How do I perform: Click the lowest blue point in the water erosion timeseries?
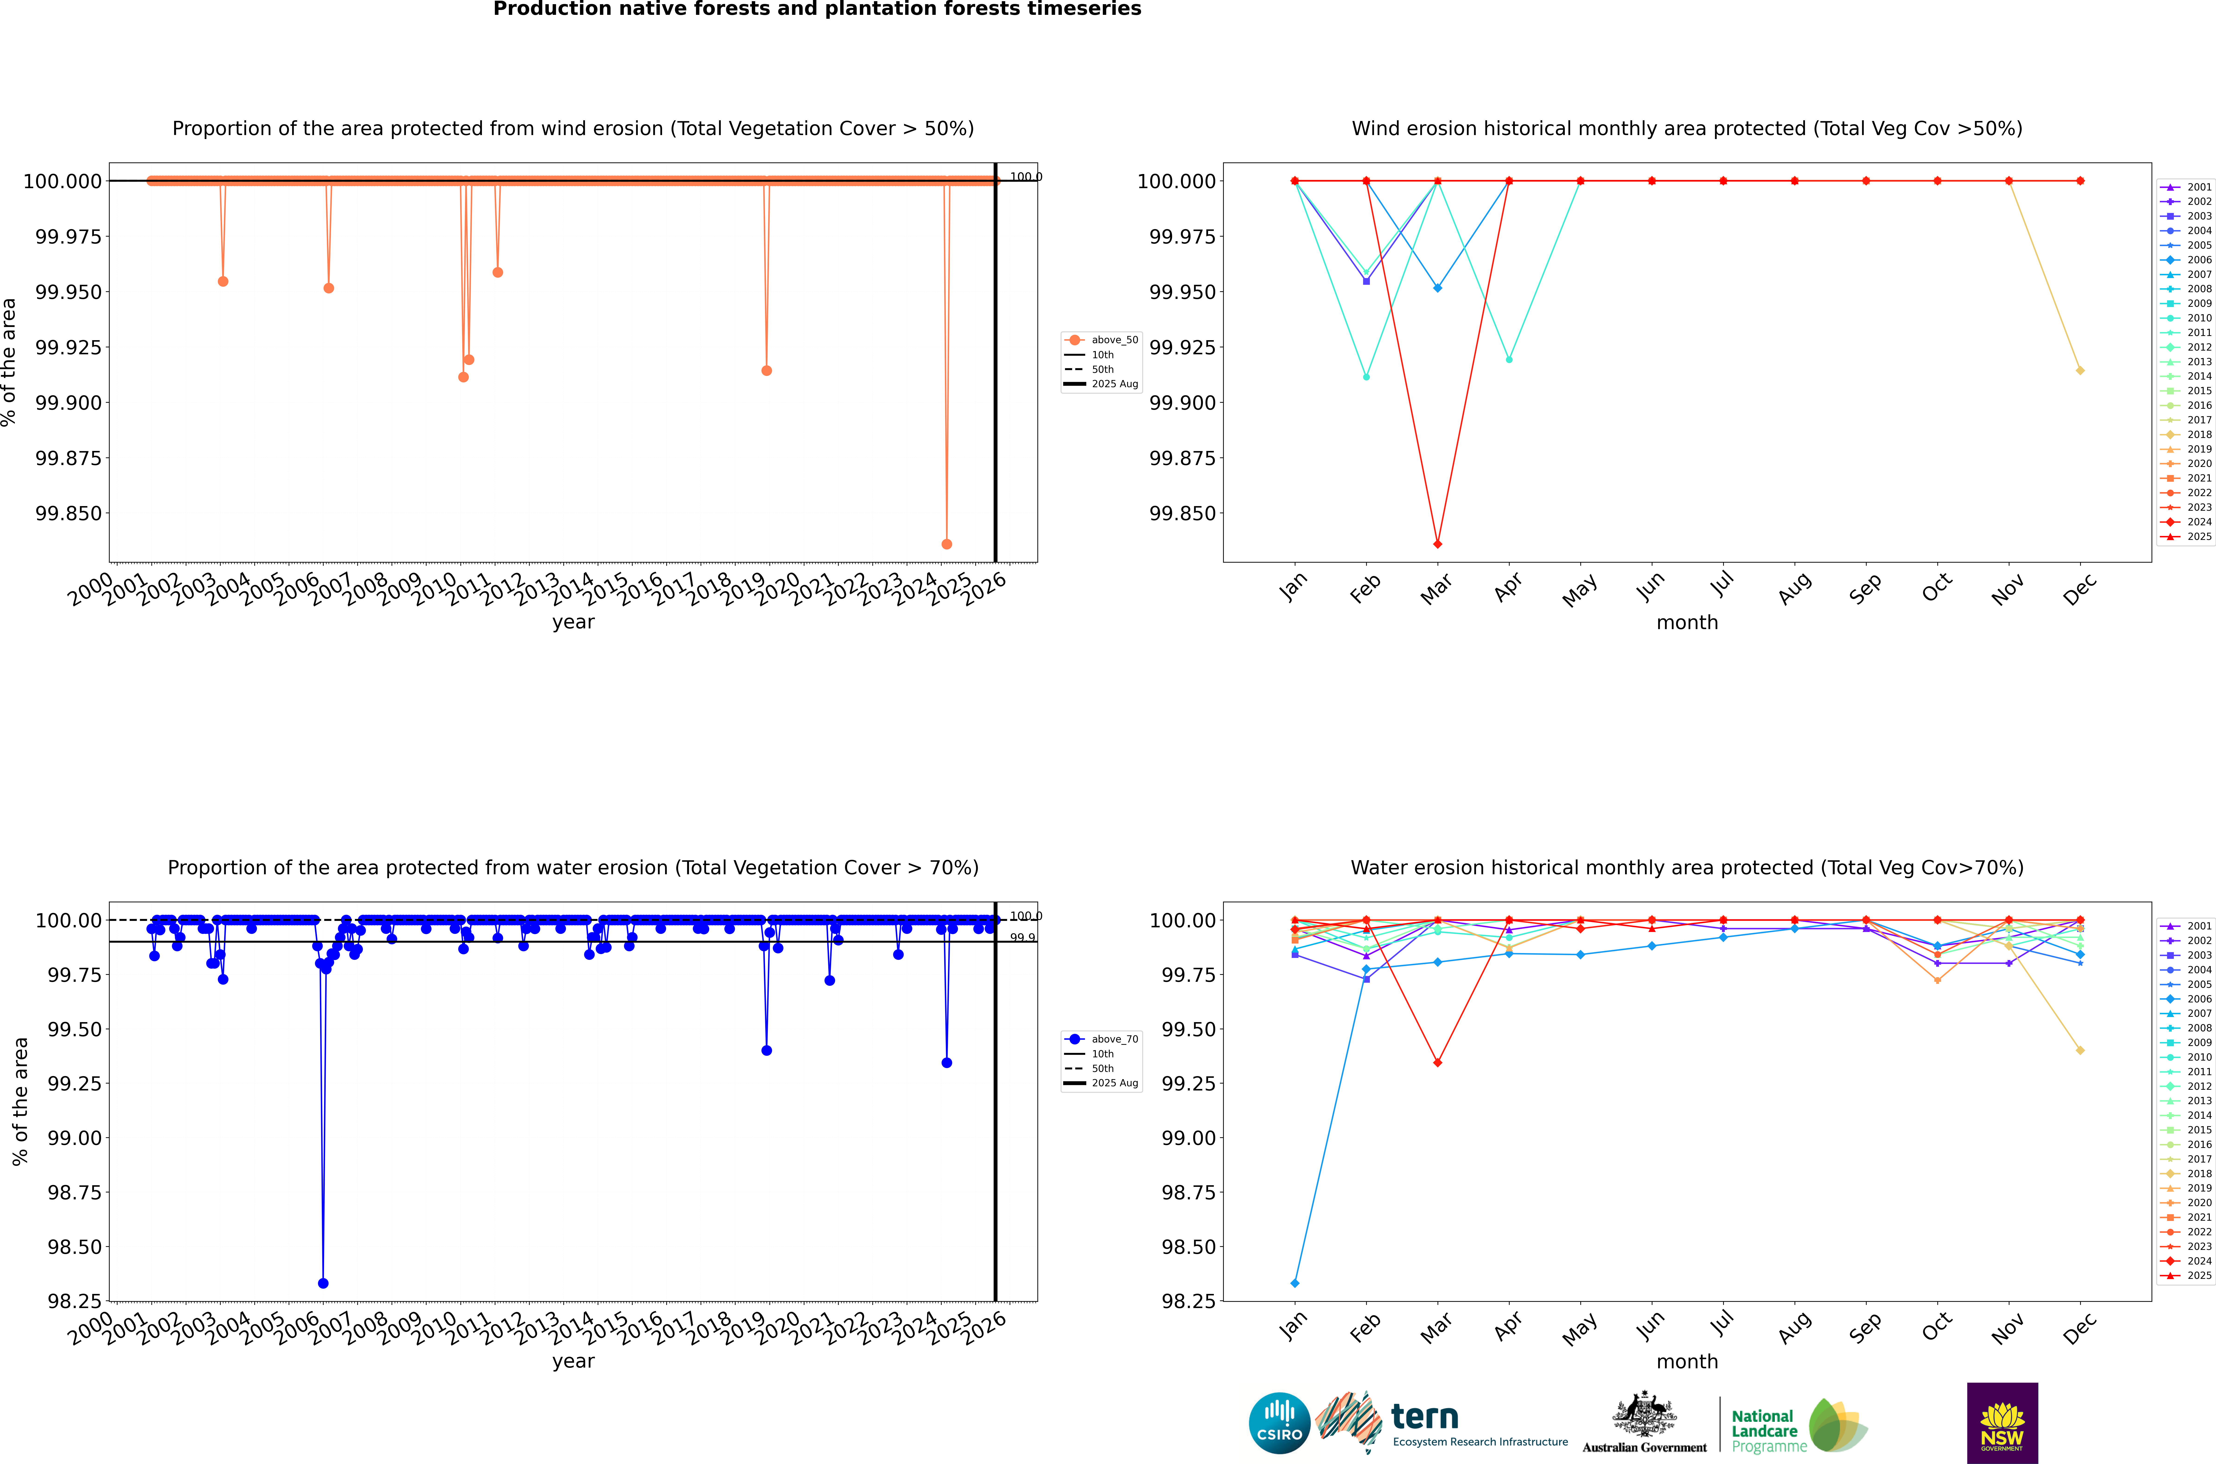pos(323,1283)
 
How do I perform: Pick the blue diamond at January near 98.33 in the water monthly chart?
pos(1294,1283)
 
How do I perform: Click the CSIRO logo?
pos(1279,1423)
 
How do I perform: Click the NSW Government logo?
pos(2002,1423)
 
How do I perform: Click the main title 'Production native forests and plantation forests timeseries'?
pos(817,9)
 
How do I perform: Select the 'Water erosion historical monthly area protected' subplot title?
pos(1687,867)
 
